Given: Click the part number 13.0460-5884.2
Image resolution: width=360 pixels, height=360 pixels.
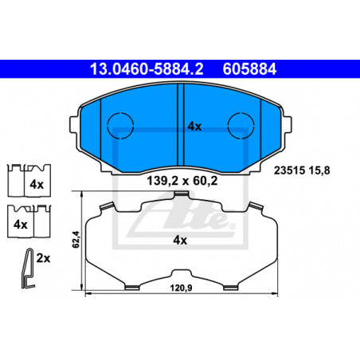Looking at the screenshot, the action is tap(147, 69).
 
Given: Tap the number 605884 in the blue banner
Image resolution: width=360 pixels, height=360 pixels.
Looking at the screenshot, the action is tap(249, 69).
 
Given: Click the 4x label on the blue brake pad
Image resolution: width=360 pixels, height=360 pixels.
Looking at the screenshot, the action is tap(194, 127).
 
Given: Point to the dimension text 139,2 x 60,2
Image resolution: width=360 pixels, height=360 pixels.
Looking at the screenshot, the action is tap(182, 181).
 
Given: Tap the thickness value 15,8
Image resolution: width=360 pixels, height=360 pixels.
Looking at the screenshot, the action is tap(319, 170).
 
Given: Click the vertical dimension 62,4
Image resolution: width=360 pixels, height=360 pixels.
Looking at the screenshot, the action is tap(76, 240).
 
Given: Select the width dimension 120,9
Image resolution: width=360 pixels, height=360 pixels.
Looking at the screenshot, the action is tap(182, 288).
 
